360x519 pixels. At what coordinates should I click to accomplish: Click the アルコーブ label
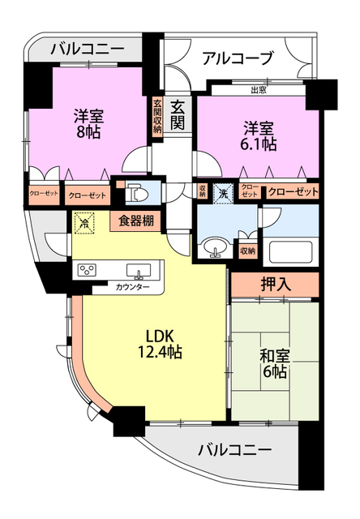click(x=238, y=58)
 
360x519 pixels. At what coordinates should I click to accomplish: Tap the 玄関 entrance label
click(x=178, y=115)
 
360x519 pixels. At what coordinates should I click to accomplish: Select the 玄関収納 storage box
click(x=157, y=116)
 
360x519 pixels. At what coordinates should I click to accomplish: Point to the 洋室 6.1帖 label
click(x=259, y=136)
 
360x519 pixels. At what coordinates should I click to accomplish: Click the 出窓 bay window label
click(x=259, y=90)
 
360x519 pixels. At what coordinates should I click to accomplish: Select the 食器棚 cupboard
click(x=136, y=221)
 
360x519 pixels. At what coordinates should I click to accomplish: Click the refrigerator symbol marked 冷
click(x=84, y=223)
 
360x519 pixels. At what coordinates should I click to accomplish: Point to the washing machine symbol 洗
click(x=224, y=194)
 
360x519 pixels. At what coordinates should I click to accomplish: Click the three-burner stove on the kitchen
click(x=87, y=270)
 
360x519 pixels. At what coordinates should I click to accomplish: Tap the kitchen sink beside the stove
click(x=139, y=271)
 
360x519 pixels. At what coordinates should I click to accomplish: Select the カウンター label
click(x=132, y=287)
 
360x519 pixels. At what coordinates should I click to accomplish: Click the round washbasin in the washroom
click(x=215, y=248)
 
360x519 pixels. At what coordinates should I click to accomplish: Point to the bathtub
click(x=291, y=252)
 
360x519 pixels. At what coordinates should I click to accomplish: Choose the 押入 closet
click(x=275, y=285)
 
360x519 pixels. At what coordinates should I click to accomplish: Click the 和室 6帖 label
click(x=275, y=364)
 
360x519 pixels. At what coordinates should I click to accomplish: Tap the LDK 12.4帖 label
click(x=161, y=345)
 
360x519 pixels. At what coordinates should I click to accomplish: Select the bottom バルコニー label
click(x=234, y=450)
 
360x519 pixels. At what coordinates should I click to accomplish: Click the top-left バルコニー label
click(x=88, y=49)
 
